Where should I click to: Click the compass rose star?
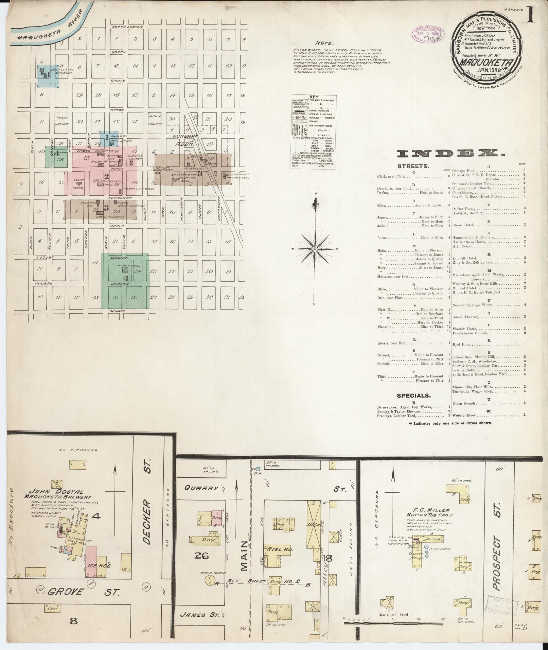315,249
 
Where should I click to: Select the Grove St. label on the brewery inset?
84,592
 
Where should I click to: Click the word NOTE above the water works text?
325,43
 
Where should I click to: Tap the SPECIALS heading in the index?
414,396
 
